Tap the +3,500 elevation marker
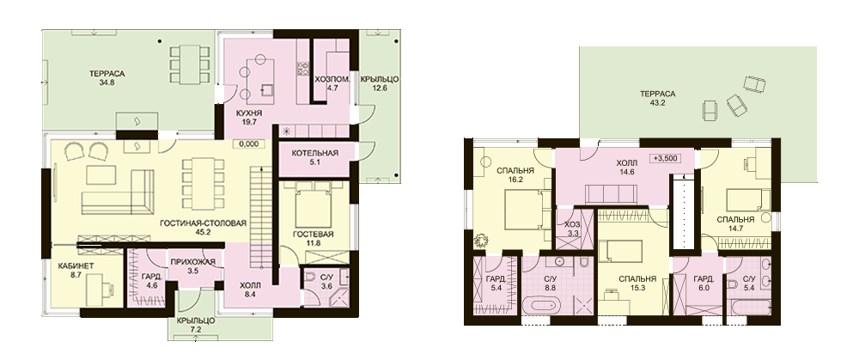(666, 158)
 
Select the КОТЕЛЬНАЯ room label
(314, 153)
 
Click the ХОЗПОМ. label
(328, 78)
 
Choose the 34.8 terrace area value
(105, 83)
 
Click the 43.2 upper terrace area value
(657, 102)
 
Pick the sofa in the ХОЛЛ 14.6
(610, 193)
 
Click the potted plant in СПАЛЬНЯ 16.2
(481, 240)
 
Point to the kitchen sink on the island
(267, 89)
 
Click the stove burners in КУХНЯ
(302, 69)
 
